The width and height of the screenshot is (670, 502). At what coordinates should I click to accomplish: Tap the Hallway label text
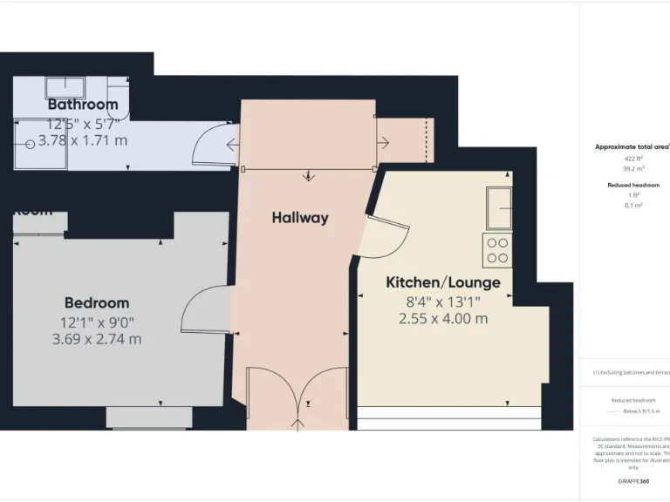(299, 218)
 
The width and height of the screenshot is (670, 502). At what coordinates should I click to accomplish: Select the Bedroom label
(97, 302)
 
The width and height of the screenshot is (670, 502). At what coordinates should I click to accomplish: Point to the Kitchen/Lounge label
(443, 282)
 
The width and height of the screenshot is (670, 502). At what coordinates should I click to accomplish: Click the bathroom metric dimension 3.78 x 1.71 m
(82, 140)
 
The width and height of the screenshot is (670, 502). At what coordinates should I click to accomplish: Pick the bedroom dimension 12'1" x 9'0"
(96, 321)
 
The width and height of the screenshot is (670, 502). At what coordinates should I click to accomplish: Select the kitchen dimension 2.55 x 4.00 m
(443, 319)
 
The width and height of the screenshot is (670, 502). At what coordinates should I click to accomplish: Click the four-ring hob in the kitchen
(497, 251)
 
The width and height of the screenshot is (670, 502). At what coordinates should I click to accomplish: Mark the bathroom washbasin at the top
(65, 87)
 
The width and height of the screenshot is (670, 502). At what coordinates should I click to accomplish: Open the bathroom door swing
(212, 143)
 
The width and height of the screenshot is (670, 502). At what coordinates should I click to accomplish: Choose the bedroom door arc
(204, 311)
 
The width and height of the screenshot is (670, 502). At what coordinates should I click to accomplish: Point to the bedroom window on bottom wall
(149, 417)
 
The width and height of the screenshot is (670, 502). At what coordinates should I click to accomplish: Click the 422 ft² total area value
(632, 159)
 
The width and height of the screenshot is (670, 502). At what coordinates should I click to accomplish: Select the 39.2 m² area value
(632, 170)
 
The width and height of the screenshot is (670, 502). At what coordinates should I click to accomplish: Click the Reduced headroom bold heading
(633, 185)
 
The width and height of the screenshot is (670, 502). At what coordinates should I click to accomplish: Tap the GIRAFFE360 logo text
(632, 481)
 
